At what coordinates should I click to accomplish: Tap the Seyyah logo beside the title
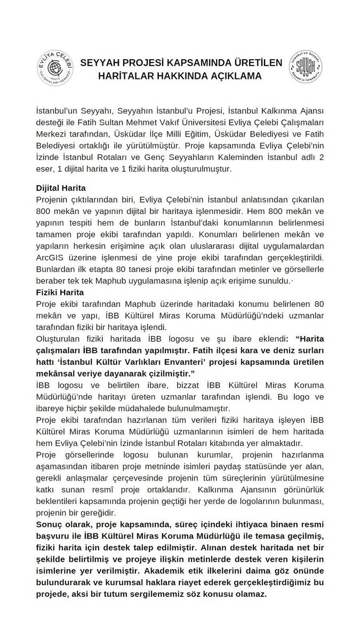tap(305, 69)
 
